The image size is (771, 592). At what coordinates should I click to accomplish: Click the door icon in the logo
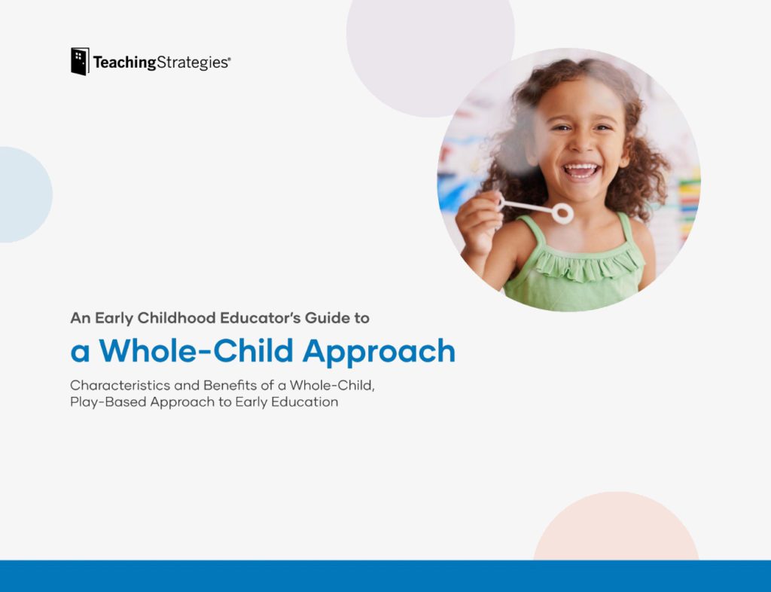pos(80,62)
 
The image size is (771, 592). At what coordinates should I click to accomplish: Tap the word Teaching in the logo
pos(124,63)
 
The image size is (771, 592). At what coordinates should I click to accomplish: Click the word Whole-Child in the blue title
pos(197,350)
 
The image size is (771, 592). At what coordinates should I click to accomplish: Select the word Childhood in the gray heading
pos(176,318)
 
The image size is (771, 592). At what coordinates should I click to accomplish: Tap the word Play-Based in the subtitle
pos(108,402)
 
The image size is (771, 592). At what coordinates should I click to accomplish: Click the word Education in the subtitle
pos(305,401)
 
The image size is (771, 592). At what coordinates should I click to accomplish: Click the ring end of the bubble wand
pos(562,213)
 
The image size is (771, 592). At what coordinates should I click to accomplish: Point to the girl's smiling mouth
pos(582,172)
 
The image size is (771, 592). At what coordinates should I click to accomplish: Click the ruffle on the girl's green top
pos(589,267)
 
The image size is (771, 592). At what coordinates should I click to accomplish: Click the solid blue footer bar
pos(385,575)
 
